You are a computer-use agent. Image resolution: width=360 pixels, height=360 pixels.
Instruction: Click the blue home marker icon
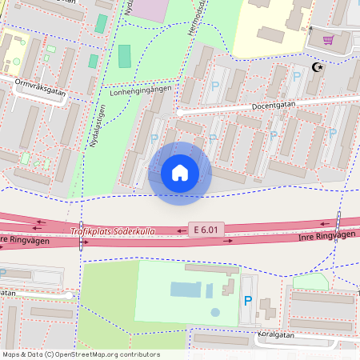tap(180, 173)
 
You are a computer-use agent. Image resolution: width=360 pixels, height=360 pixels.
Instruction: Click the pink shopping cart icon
tap(328, 39)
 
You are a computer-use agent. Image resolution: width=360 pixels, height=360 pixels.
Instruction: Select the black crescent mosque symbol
tap(318, 68)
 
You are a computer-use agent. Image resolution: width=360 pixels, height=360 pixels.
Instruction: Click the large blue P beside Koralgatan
tap(247, 301)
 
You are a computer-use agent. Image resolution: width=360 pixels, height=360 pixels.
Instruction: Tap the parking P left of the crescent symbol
tap(297, 76)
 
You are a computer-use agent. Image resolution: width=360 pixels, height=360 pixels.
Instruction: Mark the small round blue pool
tap(214, 312)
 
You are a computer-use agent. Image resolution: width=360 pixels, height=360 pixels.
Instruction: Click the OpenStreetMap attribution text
tap(80, 354)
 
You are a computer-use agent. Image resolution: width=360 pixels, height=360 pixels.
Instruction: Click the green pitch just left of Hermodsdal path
tap(125, 56)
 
